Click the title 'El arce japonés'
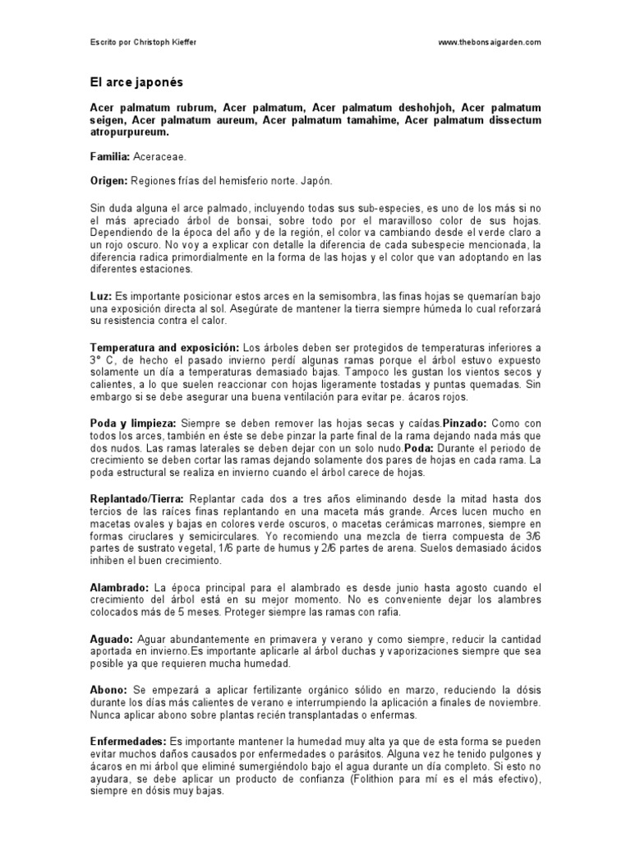136,82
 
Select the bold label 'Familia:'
109,155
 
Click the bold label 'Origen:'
108,179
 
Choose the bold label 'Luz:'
100,295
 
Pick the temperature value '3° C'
99,360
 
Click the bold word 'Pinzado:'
465,422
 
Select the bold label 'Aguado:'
112,638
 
